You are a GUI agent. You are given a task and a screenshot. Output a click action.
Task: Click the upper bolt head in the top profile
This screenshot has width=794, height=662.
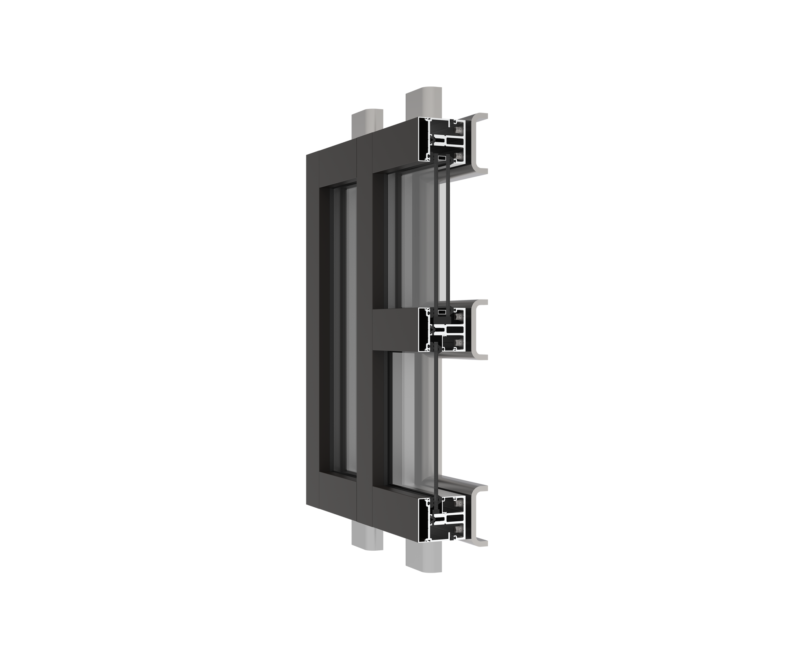458,130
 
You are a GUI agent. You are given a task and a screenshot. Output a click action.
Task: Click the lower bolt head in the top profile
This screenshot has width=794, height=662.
458,155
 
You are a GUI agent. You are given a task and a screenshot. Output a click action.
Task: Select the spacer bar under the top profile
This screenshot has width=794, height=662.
442,158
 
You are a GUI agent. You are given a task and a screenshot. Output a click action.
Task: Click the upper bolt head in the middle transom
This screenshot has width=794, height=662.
458,318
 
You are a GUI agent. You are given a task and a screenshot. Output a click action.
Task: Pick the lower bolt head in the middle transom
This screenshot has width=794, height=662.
458,342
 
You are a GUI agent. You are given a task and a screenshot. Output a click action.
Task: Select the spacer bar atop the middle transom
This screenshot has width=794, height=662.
442,311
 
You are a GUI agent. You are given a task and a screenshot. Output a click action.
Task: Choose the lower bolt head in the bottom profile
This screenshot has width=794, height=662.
458,529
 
